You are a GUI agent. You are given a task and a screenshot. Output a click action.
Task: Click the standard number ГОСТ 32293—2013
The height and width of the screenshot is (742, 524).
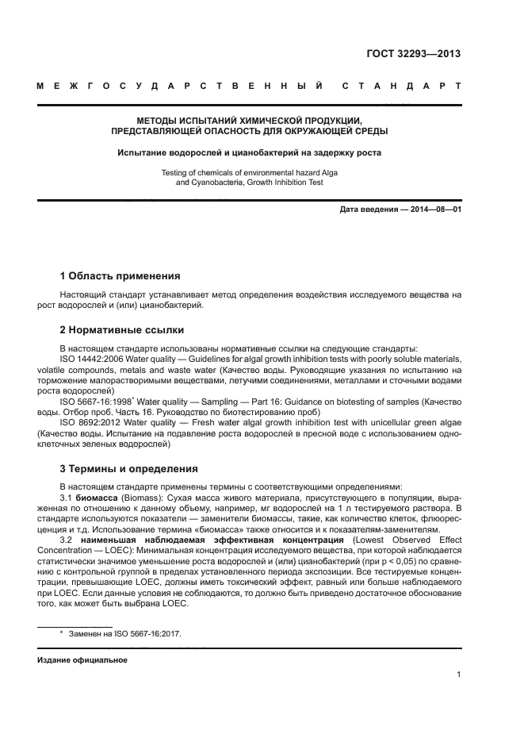[x=413, y=55]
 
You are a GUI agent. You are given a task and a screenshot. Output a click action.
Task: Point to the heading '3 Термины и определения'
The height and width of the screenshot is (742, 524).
[x=129, y=468]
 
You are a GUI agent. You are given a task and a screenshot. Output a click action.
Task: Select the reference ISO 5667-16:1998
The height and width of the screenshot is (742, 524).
[x=96, y=402]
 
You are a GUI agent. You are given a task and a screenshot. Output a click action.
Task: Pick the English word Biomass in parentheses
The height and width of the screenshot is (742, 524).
[x=143, y=497]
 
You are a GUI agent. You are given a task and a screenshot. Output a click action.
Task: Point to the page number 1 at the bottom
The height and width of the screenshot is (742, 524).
[x=459, y=675]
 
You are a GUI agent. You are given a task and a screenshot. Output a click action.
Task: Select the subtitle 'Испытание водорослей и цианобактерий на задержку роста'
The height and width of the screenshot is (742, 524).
[x=249, y=152]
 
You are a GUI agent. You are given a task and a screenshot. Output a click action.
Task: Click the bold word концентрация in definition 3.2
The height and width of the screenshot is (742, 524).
[x=305, y=540]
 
